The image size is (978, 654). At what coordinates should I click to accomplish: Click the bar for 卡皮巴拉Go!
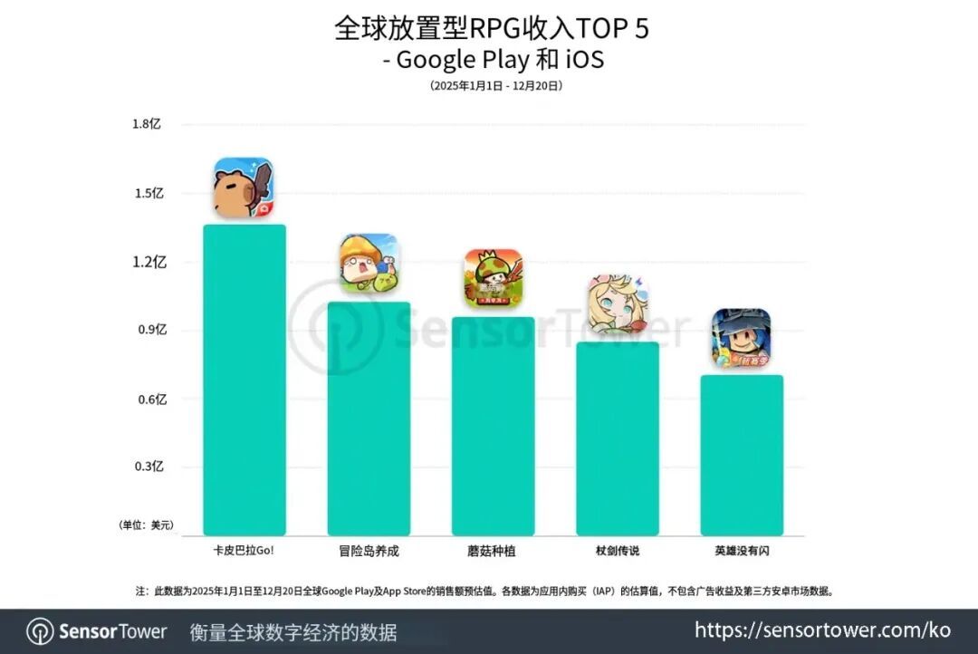244,380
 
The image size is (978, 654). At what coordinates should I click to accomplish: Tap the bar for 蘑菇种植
493,426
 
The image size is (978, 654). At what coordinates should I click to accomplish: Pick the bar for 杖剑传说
618,438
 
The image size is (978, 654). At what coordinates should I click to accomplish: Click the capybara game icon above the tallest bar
244,188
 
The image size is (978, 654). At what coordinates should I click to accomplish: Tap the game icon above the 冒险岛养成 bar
369,264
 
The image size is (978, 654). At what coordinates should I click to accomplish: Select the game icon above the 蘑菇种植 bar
494,278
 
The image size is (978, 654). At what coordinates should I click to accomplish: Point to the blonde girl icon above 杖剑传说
618,304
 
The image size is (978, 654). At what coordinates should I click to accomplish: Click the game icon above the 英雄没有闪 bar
742,338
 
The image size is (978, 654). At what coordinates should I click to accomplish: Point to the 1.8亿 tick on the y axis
146,124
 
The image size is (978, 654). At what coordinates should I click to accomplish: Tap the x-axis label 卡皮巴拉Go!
244,551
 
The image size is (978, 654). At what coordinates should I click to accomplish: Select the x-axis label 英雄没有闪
742,551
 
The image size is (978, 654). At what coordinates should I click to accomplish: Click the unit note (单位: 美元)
146,525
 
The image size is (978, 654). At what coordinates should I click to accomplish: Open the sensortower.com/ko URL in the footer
822,630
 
